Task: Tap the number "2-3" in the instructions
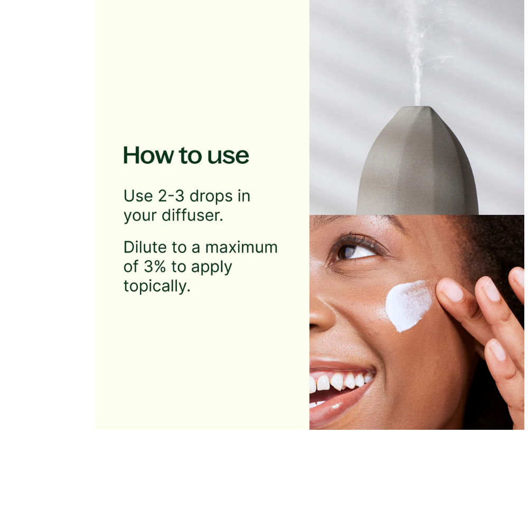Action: (172, 196)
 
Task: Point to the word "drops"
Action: (211, 196)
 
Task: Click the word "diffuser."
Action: (193, 215)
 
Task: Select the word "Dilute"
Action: (145, 247)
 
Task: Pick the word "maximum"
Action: (241, 248)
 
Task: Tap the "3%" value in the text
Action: (155, 267)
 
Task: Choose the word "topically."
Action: (157, 287)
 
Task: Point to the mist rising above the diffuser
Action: (417, 51)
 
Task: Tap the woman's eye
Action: (354, 251)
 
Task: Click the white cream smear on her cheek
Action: (409, 305)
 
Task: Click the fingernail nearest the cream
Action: (452, 290)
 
